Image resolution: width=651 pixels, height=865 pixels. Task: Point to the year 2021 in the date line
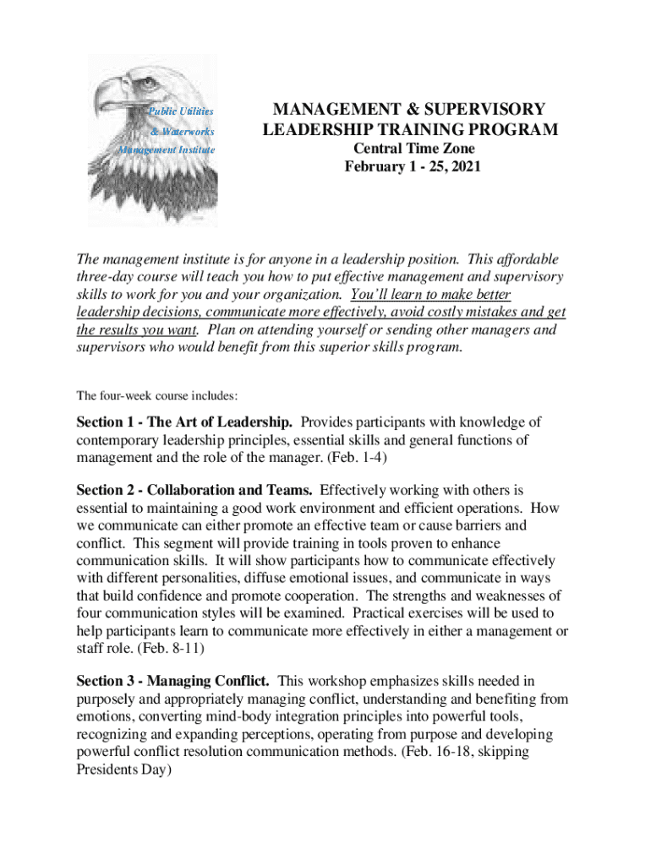464,166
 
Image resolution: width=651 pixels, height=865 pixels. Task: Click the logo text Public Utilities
181,112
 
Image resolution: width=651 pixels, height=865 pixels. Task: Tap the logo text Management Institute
167,150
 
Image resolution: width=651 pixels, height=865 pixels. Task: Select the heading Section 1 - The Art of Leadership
185,422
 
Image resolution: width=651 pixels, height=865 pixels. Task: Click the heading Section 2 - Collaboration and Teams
195,489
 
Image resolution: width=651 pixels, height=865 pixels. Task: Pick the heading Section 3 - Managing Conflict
173,680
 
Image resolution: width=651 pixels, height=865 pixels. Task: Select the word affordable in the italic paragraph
523,259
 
